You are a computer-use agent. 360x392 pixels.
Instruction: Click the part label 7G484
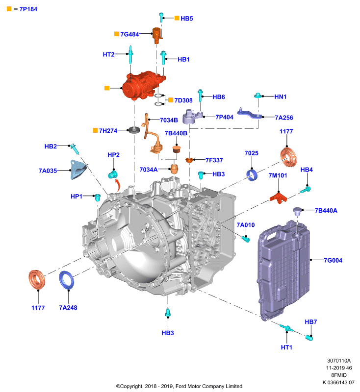[x=129, y=34]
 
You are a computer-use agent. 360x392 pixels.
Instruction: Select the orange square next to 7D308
[x=171, y=100]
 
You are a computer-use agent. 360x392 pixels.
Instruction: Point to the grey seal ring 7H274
[x=134, y=130]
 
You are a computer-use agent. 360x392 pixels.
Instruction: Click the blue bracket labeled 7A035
[x=78, y=170]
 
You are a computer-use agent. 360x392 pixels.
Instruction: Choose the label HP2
[x=114, y=155]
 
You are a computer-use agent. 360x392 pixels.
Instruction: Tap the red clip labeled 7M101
[x=278, y=197]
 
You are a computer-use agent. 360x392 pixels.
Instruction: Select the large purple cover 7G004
[x=283, y=270]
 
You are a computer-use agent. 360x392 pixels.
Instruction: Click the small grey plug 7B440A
[x=297, y=211]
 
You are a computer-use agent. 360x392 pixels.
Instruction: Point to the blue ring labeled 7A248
[x=67, y=280]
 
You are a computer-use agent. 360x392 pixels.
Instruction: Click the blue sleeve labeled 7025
[x=252, y=175]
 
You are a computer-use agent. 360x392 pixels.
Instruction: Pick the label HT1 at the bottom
[x=286, y=347]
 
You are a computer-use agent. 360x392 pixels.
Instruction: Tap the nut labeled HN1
[x=257, y=96]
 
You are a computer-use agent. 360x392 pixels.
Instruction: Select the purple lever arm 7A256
[x=250, y=114]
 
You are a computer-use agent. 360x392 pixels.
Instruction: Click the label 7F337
[x=214, y=160]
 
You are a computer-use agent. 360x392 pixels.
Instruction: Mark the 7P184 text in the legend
[x=28, y=9]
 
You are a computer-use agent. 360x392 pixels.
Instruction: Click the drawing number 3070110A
[x=339, y=361]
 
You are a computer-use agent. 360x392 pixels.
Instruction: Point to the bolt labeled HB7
[x=309, y=338]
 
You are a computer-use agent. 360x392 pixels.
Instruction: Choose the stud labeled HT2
[x=130, y=54]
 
